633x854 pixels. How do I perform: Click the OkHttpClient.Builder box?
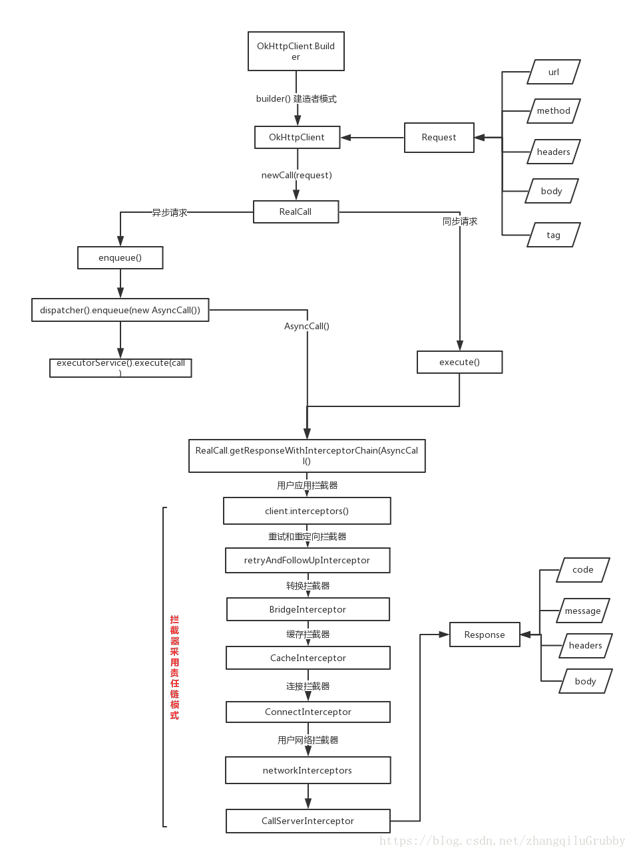click(x=296, y=51)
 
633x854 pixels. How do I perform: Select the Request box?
click(x=439, y=138)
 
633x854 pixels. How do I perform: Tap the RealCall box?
click(x=296, y=212)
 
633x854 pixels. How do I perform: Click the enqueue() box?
click(x=120, y=257)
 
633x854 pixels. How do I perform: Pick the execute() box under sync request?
click(x=459, y=362)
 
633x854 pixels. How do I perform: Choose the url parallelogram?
click(x=554, y=72)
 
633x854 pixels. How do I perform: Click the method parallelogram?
click(x=554, y=111)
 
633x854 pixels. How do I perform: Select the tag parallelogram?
click(x=554, y=235)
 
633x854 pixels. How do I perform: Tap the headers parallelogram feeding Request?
click(x=554, y=152)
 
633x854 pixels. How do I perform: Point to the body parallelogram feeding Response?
click(x=585, y=681)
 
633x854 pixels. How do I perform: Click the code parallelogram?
click(x=582, y=570)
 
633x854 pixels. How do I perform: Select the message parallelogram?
click(x=582, y=611)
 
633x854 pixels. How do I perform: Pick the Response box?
click(x=485, y=635)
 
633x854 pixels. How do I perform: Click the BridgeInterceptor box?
click(x=308, y=609)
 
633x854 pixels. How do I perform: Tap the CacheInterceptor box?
click(x=308, y=658)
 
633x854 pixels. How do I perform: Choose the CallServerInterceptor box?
click(x=308, y=821)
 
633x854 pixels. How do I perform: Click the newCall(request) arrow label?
click(x=297, y=176)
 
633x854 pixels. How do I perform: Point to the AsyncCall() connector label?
click(x=308, y=326)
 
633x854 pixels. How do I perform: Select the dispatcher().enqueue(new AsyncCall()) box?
click(x=120, y=310)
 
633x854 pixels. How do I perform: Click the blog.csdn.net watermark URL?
click(x=503, y=841)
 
